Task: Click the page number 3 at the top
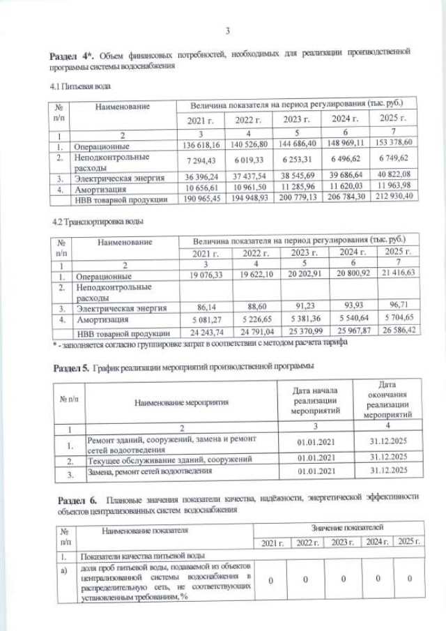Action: (227, 29)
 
